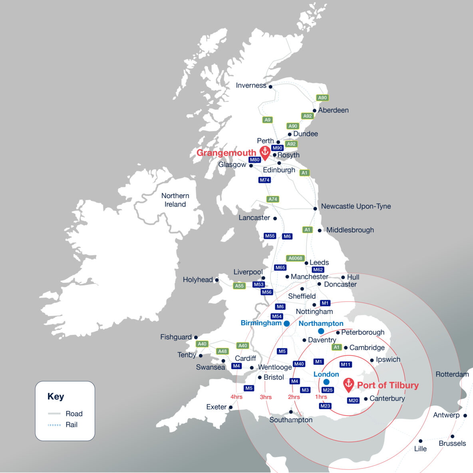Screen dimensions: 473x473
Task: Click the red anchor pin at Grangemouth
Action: pyautogui.click(x=264, y=152)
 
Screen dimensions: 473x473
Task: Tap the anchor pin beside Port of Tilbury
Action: pyautogui.click(x=349, y=384)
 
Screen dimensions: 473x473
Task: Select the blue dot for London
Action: pyautogui.click(x=326, y=382)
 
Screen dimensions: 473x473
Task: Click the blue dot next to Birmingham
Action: pyautogui.click(x=286, y=323)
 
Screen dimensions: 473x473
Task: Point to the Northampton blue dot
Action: pyautogui.click(x=321, y=331)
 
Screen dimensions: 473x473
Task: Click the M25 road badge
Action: pyautogui.click(x=328, y=390)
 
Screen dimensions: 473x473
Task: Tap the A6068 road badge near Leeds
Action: pyautogui.click(x=295, y=258)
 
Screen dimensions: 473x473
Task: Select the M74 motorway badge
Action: pyautogui.click(x=264, y=180)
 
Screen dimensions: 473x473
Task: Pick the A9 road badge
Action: pyautogui.click(x=267, y=120)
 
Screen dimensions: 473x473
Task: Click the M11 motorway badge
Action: pyautogui.click(x=346, y=364)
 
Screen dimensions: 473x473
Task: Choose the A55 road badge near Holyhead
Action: pyautogui.click(x=239, y=286)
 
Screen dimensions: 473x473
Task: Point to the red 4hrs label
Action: pyautogui.click(x=236, y=397)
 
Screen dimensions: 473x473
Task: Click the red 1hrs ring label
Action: pyautogui.click(x=321, y=397)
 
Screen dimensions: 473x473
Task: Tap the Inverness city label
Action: pyautogui.click(x=251, y=85)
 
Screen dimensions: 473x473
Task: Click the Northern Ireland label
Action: pyautogui.click(x=175, y=200)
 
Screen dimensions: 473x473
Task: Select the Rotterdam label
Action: pyautogui.click(x=452, y=374)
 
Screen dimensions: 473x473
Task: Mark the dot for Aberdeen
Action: pyautogui.click(x=314, y=111)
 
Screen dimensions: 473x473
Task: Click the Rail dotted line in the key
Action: pyautogui.click(x=54, y=425)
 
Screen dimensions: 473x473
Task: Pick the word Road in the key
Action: pyautogui.click(x=74, y=413)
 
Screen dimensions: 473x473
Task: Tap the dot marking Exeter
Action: pyautogui.click(x=231, y=407)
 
